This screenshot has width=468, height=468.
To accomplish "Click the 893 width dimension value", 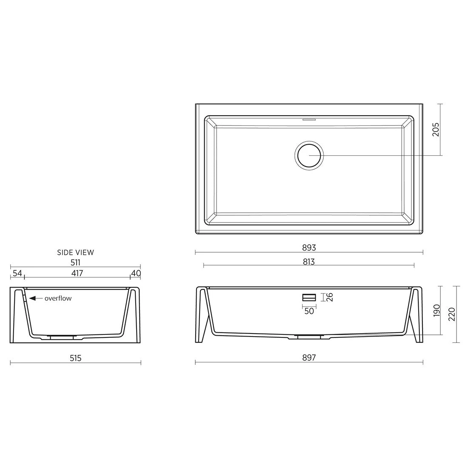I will tap(309, 247).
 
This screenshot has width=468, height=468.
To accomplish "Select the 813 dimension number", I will tap(309, 262).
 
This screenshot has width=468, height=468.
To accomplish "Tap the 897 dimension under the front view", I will tap(309, 358).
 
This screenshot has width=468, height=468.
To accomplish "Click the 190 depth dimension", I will tap(435, 311).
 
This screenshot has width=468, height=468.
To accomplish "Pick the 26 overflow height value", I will tap(330, 297).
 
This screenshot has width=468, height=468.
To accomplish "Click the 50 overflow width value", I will tap(309, 311).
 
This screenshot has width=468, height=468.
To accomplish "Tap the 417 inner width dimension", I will tap(77, 273).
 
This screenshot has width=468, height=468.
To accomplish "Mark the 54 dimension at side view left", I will tap(17, 273).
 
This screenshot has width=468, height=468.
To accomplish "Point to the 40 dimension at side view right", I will tap(136, 273).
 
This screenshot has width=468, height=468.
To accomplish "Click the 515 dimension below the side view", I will tap(75, 358).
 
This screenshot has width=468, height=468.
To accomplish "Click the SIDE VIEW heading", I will tap(75, 252).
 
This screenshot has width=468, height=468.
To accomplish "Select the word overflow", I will tap(58, 298).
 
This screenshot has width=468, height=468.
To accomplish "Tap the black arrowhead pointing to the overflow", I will tap(32, 298).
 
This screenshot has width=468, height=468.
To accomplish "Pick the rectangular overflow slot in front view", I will tap(309, 297).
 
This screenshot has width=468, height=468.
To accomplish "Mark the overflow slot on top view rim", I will tap(309, 119).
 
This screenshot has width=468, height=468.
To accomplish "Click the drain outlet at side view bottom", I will tap(62, 337).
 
